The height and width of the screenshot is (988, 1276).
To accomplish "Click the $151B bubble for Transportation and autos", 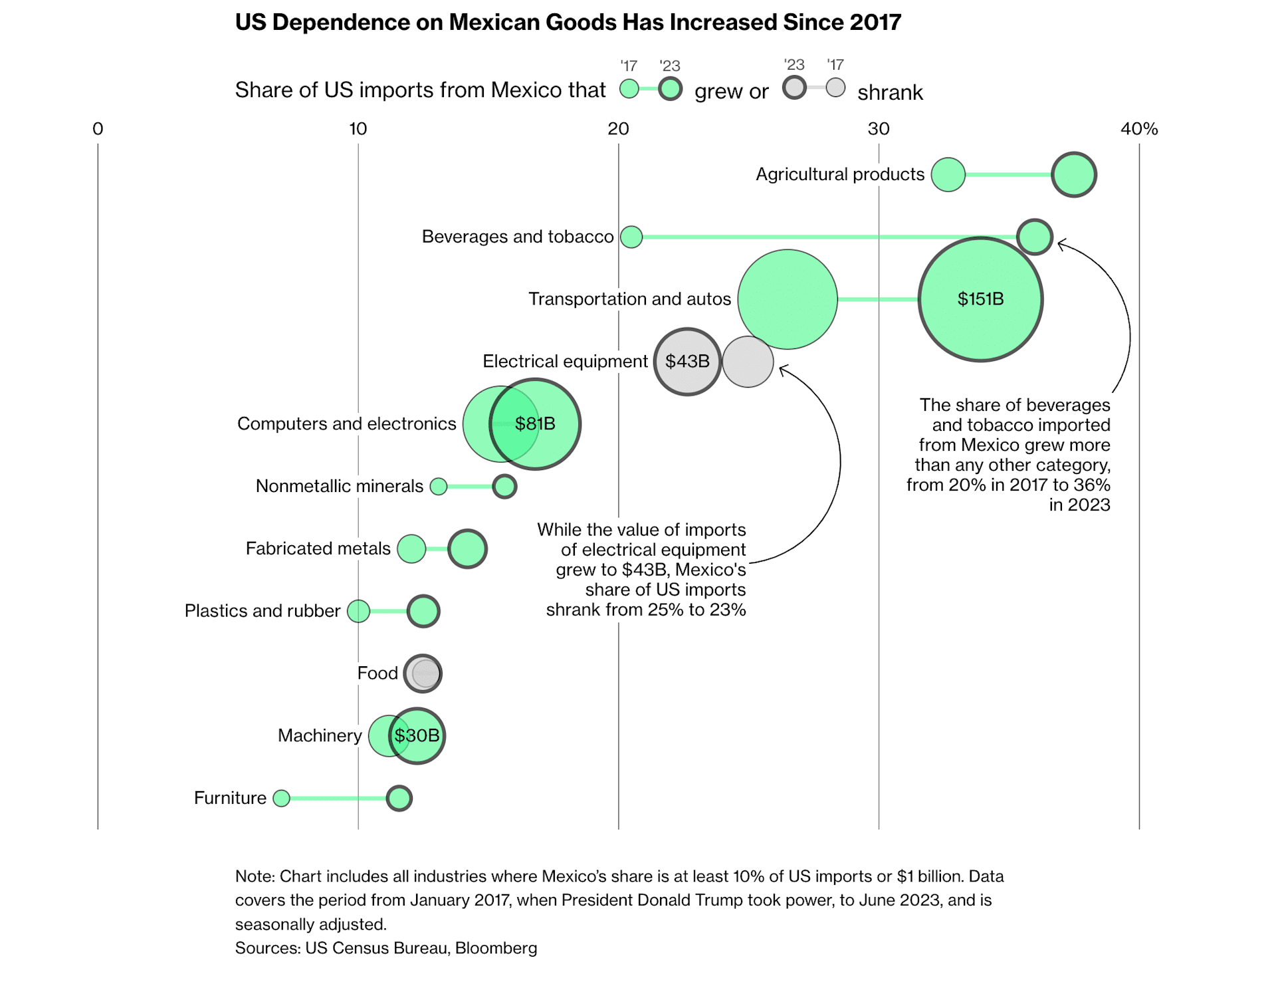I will [980, 299].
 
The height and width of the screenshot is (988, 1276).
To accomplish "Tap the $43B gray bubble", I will [687, 362].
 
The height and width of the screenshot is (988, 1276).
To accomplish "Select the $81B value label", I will [535, 424].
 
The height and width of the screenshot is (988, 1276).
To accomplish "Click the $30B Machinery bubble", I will [417, 735].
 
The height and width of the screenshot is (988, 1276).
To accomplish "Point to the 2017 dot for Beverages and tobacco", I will [631, 237].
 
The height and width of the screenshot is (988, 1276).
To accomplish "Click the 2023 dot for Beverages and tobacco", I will [1035, 237].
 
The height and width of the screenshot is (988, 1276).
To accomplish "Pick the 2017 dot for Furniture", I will [282, 798].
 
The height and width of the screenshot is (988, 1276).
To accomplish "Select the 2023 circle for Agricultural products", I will [1074, 175].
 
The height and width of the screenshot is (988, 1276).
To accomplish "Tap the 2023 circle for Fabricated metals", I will [467, 549].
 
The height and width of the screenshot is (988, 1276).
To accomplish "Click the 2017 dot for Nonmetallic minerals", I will [439, 486].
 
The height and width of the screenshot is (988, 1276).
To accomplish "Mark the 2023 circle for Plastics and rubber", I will [423, 611].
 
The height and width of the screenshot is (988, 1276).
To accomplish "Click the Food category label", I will [377, 674].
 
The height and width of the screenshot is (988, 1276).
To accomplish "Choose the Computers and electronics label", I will [346, 424].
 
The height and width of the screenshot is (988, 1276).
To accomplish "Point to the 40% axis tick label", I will [1139, 129].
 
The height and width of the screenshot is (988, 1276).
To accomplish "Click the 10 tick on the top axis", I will [358, 129].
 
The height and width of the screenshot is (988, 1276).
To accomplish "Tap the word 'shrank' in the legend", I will [890, 92].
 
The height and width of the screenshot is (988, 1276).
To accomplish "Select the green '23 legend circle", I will [671, 88].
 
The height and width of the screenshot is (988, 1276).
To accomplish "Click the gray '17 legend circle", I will [835, 87].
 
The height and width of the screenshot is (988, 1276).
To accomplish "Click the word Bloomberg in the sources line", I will [496, 948].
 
